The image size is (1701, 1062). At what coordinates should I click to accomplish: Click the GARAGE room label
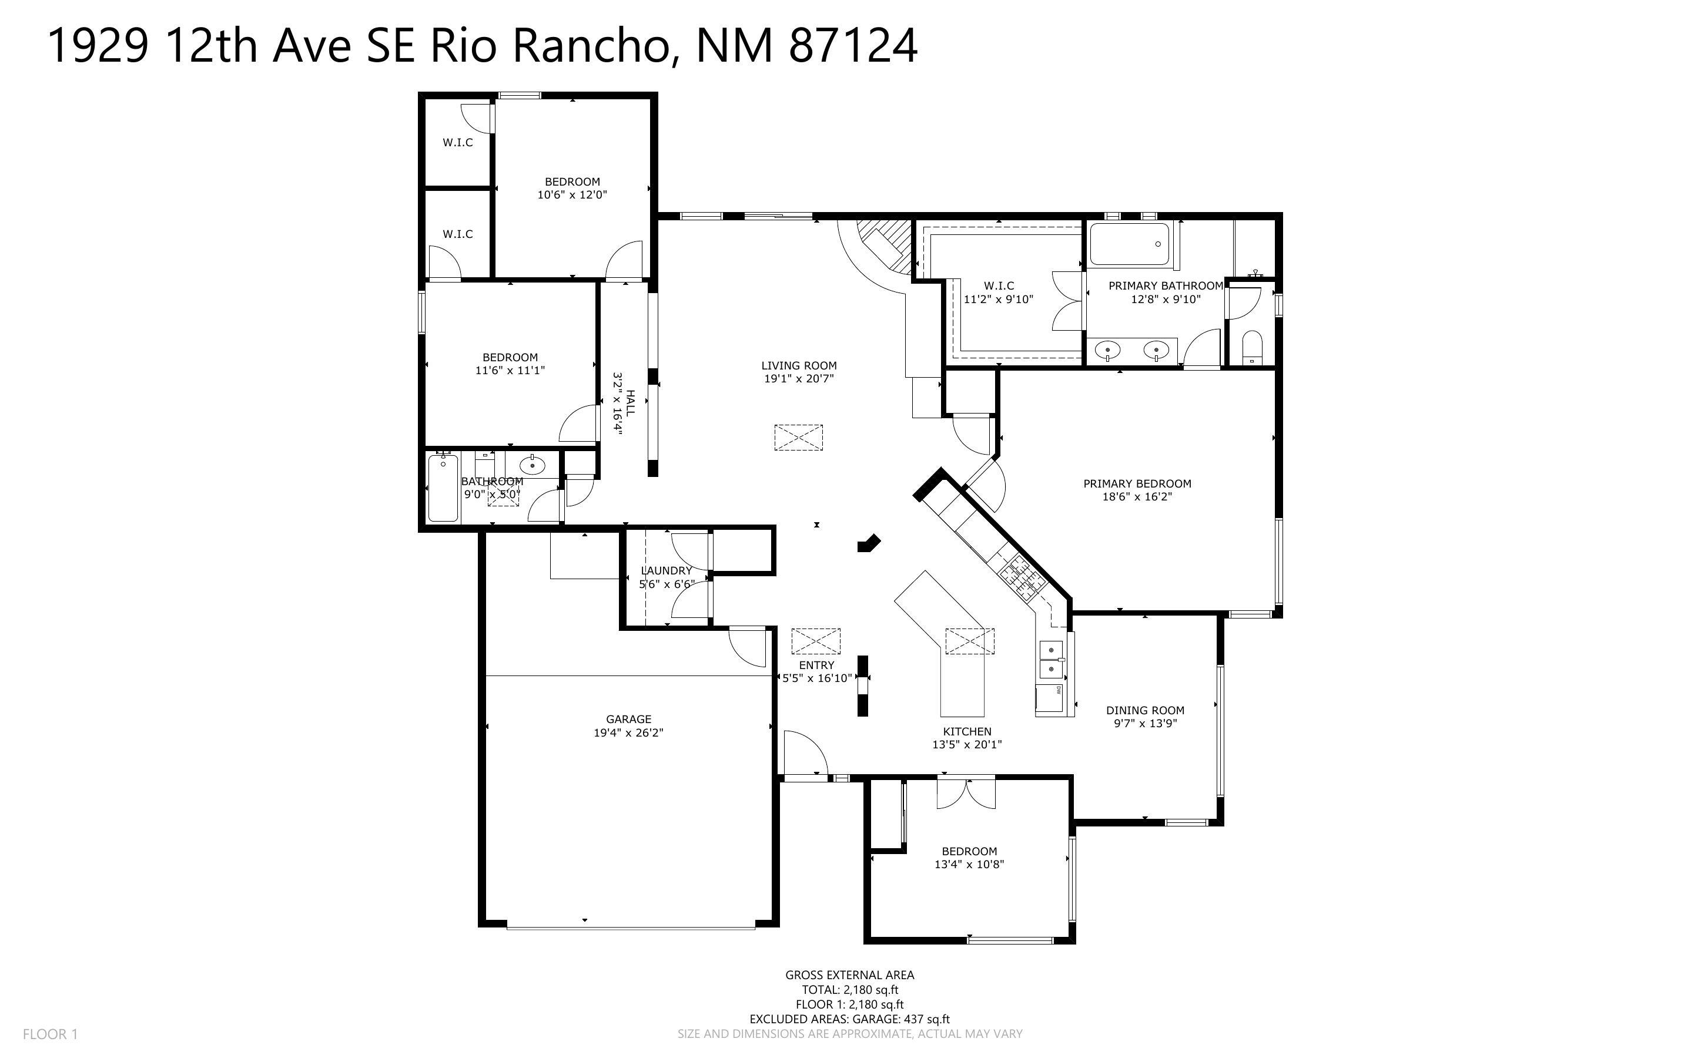click(628, 719)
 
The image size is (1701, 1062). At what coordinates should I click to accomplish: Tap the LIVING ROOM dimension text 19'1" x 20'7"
click(799, 379)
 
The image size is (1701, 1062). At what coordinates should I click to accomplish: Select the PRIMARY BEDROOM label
click(1137, 483)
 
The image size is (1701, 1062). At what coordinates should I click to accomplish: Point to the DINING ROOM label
click(1145, 710)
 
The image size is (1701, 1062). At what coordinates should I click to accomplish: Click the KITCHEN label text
click(967, 731)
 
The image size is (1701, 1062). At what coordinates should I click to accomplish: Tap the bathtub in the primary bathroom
click(1129, 244)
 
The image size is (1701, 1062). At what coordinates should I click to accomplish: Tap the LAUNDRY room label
click(666, 570)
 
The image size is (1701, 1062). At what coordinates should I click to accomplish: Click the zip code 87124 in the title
click(853, 46)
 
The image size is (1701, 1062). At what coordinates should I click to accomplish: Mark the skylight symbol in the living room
click(798, 437)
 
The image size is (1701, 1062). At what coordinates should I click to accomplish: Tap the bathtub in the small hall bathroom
click(443, 488)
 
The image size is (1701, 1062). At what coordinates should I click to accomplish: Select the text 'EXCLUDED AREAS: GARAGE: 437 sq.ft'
click(849, 1019)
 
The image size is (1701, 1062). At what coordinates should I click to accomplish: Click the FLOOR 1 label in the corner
click(51, 1034)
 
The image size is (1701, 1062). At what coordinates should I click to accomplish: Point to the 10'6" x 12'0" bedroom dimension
click(572, 194)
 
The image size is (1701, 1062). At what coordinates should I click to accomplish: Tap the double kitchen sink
click(1050, 660)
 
